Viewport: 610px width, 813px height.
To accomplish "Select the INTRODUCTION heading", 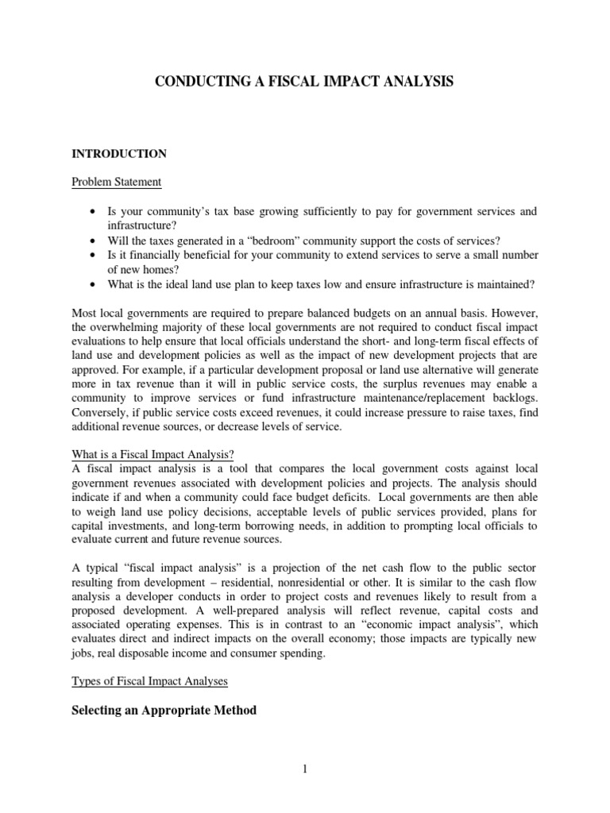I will point(119,153).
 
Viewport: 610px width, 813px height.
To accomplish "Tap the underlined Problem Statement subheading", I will point(116,182).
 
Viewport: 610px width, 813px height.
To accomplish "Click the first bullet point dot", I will point(95,212).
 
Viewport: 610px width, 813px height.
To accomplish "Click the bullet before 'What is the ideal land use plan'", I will point(95,284).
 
